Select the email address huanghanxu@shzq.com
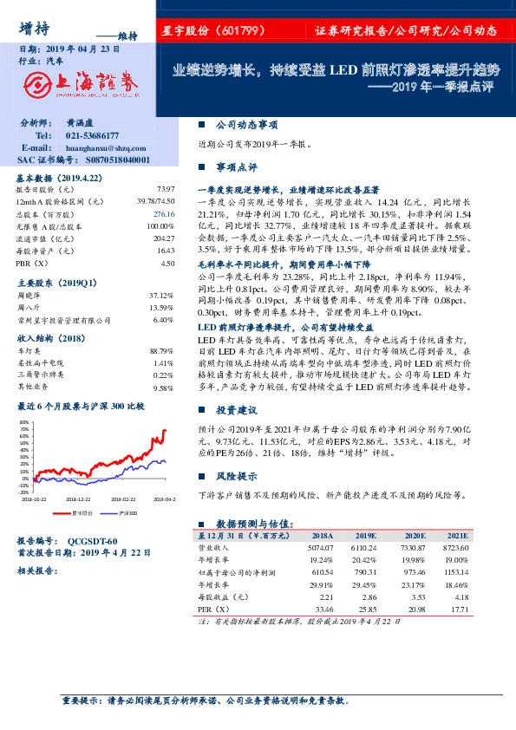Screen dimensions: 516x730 click(x=104, y=148)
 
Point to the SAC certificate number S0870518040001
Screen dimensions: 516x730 click(x=109, y=160)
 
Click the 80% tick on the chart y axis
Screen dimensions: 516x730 click(x=23, y=422)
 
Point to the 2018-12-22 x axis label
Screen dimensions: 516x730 click(x=79, y=499)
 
